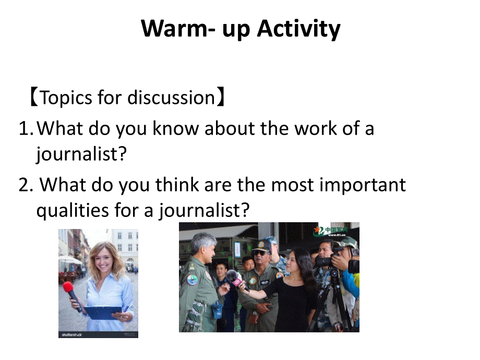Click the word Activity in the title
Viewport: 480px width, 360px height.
pyautogui.click(x=298, y=29)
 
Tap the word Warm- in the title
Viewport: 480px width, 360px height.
pyautogui.click(x=178, y=29)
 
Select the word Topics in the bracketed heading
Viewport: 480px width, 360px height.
pyautogui.click(x=66, y=98)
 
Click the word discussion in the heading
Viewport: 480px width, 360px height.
pyautogui.click(x=171, y=98)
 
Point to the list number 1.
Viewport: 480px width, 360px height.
pyautogui.click(x=26, y=128)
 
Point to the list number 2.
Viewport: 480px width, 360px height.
pyautogui.click(x=26, y=185)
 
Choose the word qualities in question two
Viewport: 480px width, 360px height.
pyautogui.click(x=73, y=211)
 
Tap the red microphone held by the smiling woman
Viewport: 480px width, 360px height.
pyautogui.click(x=71, y=293)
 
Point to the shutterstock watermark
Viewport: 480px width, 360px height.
pyautogui.click(x=71, y=334)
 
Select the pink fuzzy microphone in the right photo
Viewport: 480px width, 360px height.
pyautogui.click(x=234, y=278)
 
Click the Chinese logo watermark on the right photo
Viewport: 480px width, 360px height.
pyautogui.click(x=331, y=231)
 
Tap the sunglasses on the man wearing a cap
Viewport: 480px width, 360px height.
pyautogui.click(x=261, y=254)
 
